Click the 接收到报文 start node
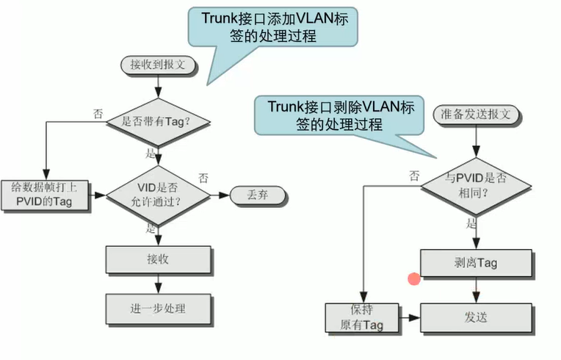pyautogui.click(x=158, y=65)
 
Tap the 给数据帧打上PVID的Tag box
pyautogui.click(x=45, y=195)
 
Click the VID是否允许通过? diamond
pyautogui.click(x=157, y=195)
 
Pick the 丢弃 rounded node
pyautogui.click(x=258, y=195)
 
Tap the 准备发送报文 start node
pyautogui.click(x=477, y=114)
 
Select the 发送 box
pyautogui.click(x=477, y=318)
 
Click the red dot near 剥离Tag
pyautogui.click(x=414, y=278)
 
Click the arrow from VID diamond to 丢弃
pyautogui.click(x=219, y=195)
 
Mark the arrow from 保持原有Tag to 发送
pyautogui.click(x=410, y=319)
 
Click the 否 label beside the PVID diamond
pyautogui.click(x=414, y=175)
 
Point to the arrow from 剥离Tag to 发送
pyautogui.click(x=477, y=290)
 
